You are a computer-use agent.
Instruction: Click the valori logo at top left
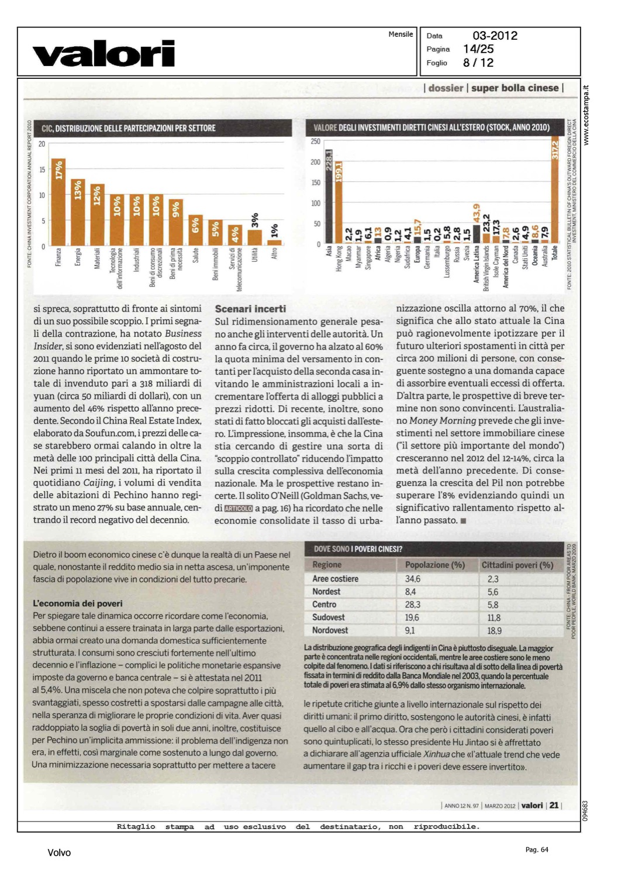103,54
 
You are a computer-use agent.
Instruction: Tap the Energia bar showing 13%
78,212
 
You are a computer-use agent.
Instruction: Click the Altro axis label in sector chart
274,253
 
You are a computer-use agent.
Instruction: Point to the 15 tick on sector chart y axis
42,170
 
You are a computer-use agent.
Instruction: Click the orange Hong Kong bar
339,202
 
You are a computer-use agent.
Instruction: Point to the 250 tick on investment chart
316,141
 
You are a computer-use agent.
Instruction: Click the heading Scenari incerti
250,309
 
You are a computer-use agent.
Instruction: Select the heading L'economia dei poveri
78,603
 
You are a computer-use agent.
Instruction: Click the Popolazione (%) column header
435,565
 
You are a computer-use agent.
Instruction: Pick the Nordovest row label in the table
330,630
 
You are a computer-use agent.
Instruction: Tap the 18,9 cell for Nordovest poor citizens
494,631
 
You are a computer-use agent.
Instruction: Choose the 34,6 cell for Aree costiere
413,579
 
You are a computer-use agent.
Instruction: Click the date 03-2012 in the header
495,36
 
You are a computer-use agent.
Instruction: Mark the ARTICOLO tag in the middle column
239,509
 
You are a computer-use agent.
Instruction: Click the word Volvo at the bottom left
59,852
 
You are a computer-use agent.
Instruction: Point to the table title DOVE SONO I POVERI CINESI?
358,549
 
